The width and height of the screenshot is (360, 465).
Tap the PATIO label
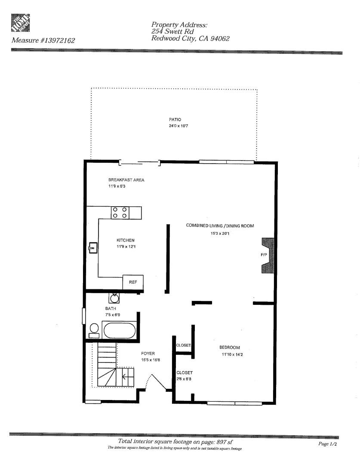click(x=175, y=119)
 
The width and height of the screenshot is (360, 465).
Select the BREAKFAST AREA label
click(x=126, y=180)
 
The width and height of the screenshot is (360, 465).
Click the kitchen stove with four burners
click(x=120, y=212)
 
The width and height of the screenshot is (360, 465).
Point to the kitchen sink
click(x=93, y=248)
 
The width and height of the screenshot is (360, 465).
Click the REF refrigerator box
click(x=133, y=282)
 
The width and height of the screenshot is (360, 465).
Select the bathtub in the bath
click(x=120, y=331)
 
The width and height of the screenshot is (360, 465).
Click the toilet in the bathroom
click(x=94, y=330)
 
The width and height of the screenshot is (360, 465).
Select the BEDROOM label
click(x=230, y=347)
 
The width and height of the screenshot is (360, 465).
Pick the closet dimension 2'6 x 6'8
click(x=185, y=379)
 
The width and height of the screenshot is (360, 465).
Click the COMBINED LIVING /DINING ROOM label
click(x=220, y=225)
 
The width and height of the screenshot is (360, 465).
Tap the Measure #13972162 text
click(x=43, y=41)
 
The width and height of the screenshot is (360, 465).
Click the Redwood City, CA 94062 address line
click(x=191, y=38)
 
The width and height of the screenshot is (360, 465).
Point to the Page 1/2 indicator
click(x=327, y=444)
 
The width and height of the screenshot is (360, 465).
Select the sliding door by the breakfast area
click(x=140, y=163)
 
